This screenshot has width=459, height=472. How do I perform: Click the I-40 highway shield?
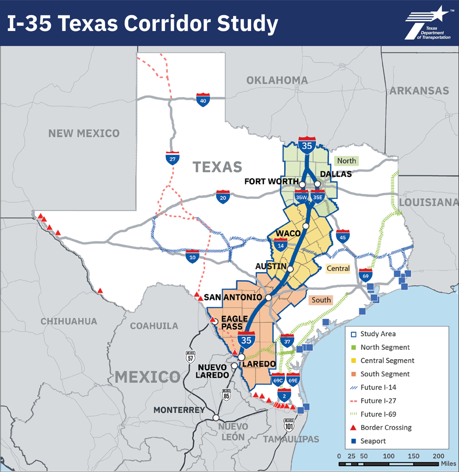tap(204, 100)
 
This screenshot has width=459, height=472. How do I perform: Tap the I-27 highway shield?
tap(172, 158)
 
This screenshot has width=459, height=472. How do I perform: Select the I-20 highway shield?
tap(223, 197)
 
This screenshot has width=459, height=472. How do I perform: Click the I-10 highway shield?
tap(192, 256)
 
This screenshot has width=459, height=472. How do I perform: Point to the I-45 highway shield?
tap(343, 236)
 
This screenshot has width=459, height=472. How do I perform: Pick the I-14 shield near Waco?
tap(280, 244)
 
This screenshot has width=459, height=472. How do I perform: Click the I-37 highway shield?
tap(287, 340)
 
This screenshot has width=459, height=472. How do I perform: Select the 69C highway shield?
tap(278, 379)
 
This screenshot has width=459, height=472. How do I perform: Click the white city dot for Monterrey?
tap(216, 417)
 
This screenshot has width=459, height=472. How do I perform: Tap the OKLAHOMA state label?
tap(277, 80)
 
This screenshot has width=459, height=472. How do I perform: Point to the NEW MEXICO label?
tap(84, 133)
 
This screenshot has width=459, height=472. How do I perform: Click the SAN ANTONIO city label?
tap(233, 297)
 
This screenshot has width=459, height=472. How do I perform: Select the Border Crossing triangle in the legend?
tap(352, 427)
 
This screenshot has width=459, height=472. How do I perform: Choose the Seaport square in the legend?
tap(352, 441)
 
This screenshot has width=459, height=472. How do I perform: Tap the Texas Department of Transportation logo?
tap(427, 24)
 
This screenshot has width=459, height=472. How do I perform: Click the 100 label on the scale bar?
tap(389, 456)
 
